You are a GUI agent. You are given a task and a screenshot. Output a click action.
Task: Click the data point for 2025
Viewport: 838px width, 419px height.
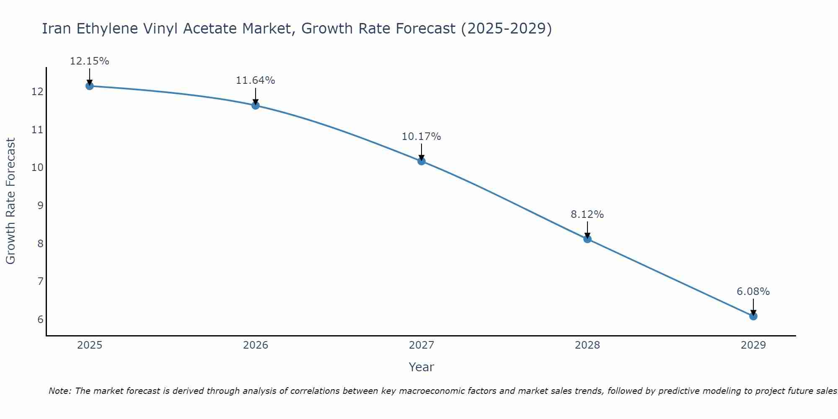click(89, 86)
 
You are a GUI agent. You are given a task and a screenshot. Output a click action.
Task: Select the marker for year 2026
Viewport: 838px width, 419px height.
click(256, 105)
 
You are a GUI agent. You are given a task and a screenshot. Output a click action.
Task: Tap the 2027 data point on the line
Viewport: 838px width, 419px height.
click(422, 161)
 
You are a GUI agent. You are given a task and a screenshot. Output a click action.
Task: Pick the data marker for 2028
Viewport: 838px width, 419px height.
click(587, 239)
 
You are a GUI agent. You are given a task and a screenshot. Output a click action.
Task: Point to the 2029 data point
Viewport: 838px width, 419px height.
click(753, 316)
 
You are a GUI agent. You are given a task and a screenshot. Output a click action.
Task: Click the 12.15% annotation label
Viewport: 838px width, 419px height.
click(89, 61)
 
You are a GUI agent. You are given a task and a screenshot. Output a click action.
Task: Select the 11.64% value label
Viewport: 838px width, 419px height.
click(256, 80)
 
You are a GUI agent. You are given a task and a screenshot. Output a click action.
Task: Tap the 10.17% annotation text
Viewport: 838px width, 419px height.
click(422, 137)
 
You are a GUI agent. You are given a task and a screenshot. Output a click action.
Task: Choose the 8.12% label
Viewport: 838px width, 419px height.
click(587, 215)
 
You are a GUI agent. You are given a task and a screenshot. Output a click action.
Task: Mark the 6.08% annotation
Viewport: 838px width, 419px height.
click(753, 292)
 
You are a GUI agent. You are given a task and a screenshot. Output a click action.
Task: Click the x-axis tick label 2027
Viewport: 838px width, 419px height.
click(422, 345)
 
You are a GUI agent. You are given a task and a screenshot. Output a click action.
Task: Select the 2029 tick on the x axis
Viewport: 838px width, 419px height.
click(753, 345)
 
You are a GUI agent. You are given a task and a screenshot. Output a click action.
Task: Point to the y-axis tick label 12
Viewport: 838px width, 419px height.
click(37, 91)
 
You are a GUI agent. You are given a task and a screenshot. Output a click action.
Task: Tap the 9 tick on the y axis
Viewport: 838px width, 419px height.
click(40, 205)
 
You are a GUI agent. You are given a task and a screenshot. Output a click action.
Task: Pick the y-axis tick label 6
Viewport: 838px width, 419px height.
click(40, 319)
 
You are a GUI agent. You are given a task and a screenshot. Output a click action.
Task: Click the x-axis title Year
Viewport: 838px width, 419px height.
click(422, 367)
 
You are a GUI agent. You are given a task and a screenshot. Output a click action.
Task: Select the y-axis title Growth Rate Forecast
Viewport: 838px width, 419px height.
click(10, 201)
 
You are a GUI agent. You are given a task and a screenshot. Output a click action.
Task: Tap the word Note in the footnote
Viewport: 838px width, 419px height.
click(59, 391)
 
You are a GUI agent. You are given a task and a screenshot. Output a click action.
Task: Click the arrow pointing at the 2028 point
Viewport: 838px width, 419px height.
click(587, 230)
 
